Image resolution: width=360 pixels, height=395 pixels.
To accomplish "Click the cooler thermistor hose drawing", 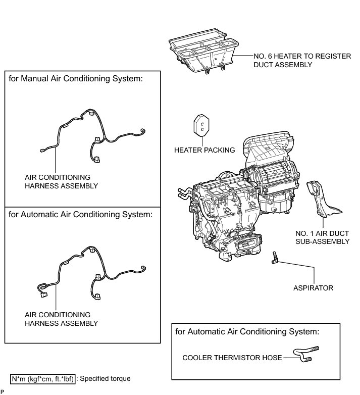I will point(306,353).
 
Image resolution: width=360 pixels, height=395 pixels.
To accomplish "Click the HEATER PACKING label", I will point(204,150).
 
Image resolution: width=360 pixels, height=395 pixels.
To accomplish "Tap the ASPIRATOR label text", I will point(313,288).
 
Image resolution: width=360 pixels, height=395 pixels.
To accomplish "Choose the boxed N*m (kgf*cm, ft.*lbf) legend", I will point(43,378).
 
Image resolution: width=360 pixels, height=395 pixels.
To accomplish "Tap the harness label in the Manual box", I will point(61,182).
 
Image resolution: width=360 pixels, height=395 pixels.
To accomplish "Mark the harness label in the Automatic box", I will point(61,319).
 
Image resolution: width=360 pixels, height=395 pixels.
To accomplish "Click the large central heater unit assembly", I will point(237,202).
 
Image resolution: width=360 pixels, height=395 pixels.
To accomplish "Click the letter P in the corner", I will point(3,391).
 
